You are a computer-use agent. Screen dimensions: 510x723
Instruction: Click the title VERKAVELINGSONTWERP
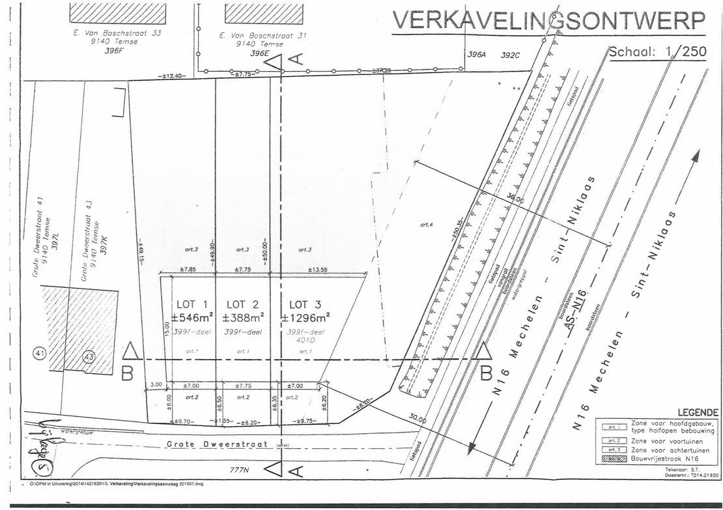coord(548,21)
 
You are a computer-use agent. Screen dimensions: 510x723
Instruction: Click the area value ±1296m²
coord(305,318)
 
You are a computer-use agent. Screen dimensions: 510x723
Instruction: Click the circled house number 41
coord(40,354)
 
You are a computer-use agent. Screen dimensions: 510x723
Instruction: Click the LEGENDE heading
coord(698,412)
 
